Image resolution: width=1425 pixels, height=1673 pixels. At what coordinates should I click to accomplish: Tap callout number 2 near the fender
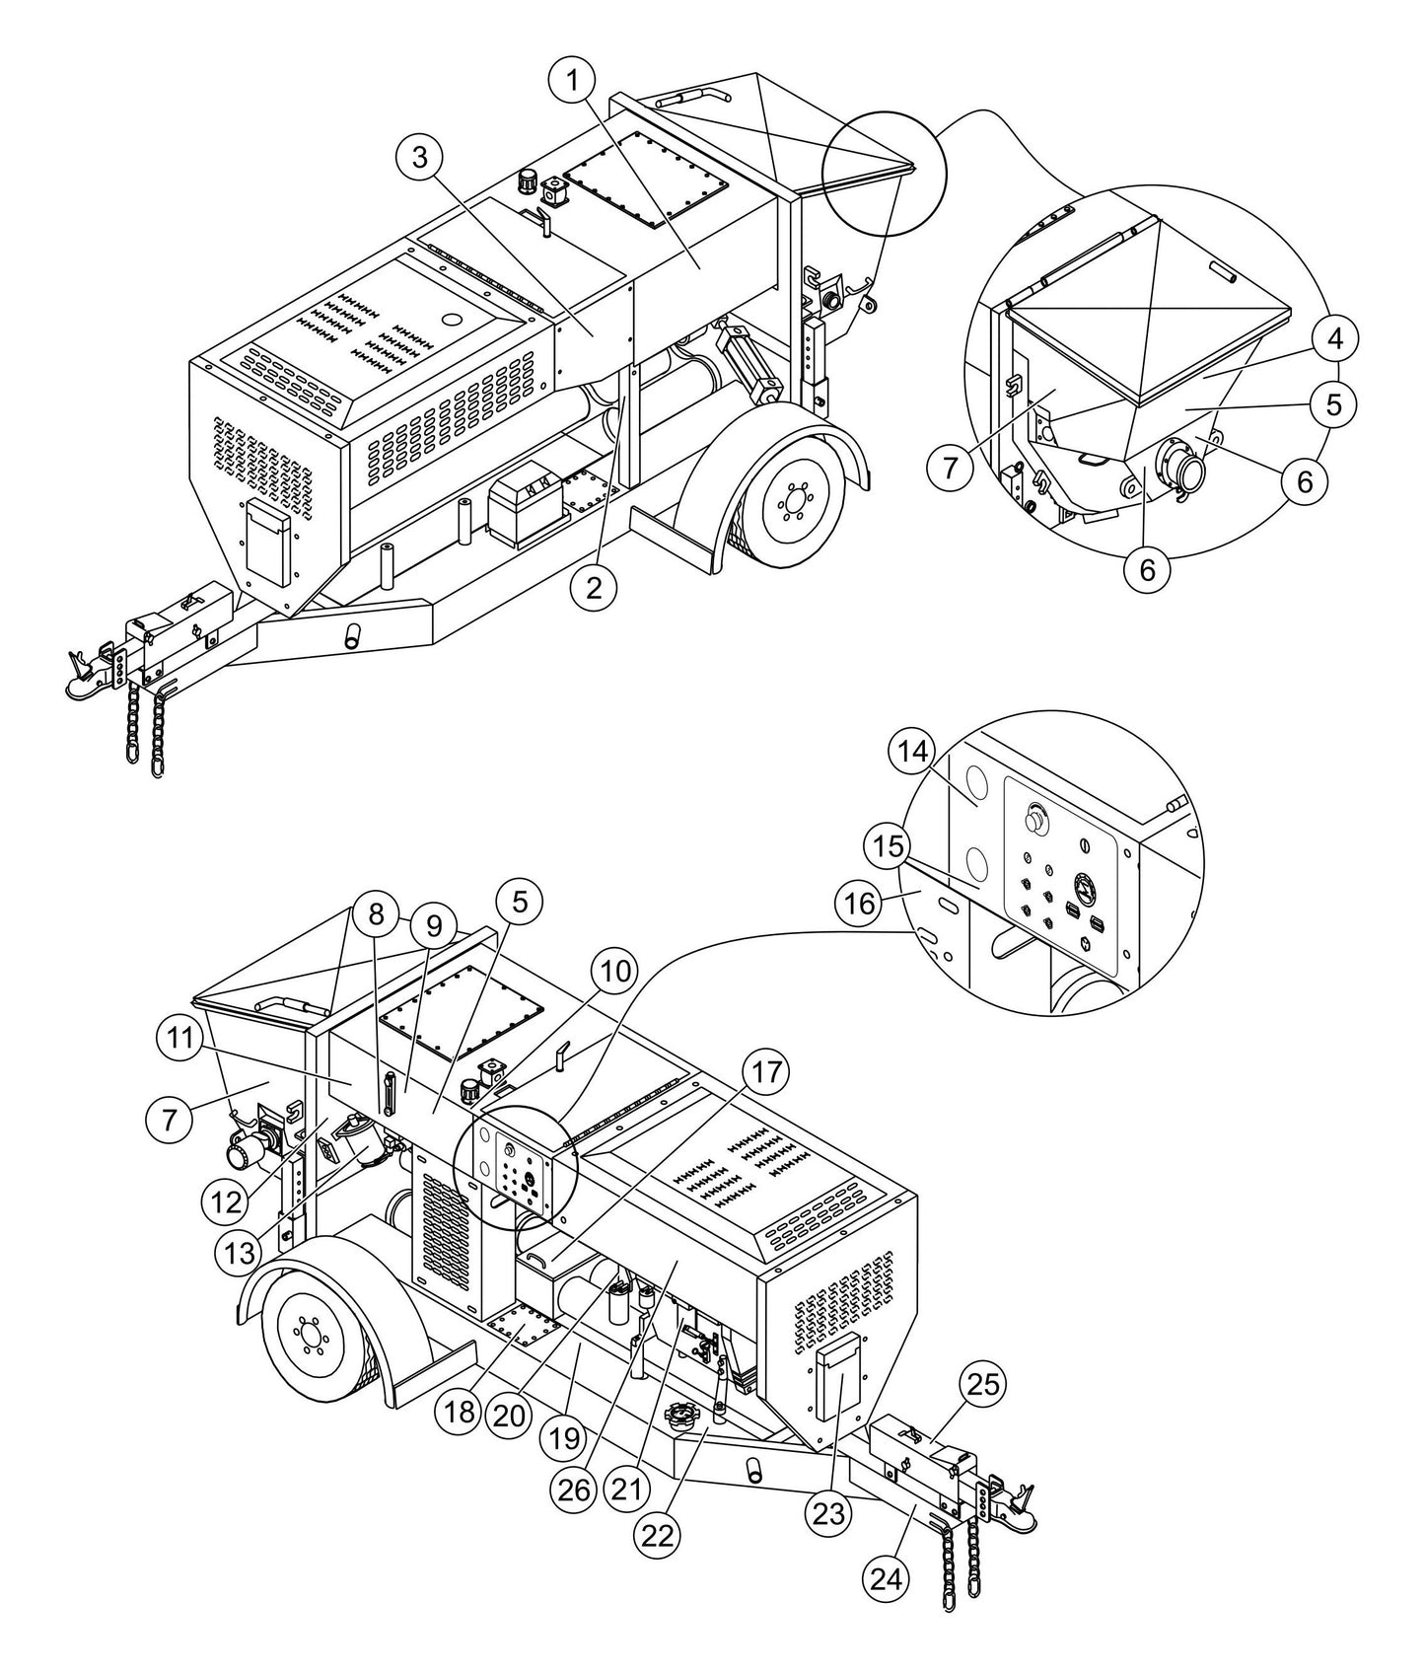pyautogui.click(x=594, y=588)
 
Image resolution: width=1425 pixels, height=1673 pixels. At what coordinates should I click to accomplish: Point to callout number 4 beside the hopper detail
pyautogui.click(x=1333, y=338)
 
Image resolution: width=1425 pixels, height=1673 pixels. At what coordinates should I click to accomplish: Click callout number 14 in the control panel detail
pyautogui.click(x=913, y=753)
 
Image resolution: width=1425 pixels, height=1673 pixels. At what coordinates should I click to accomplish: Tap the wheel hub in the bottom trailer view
pyautogui.click(x=310, y=1342)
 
